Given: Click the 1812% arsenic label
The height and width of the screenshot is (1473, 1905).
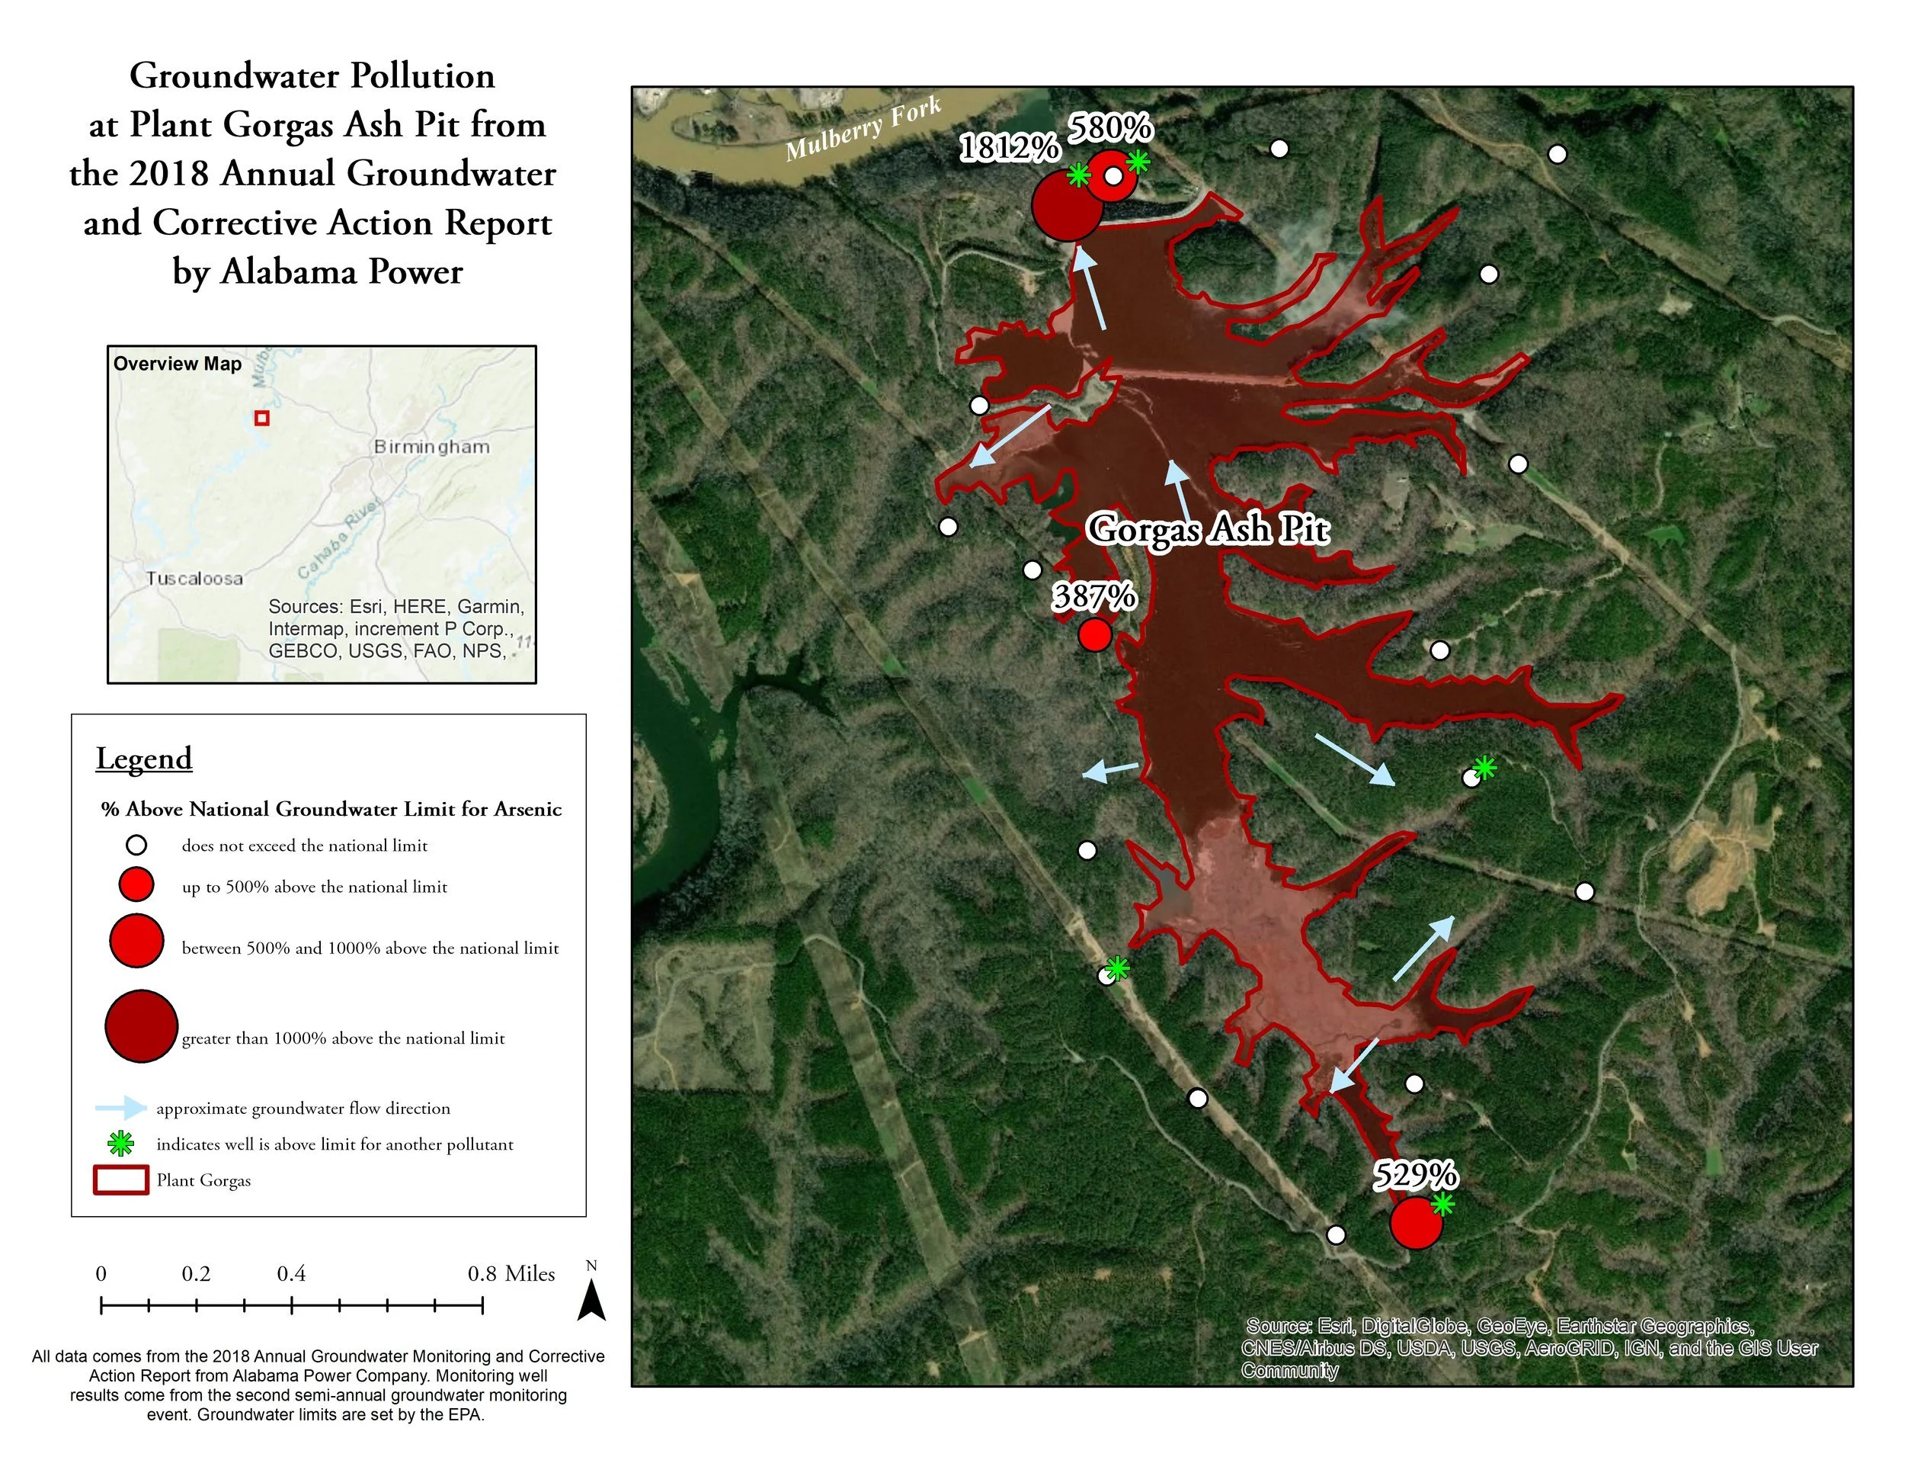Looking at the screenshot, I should coord(1009,147).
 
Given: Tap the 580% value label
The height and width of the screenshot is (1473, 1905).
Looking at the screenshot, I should coord(1110,129).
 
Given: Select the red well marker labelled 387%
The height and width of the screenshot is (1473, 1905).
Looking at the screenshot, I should coord(1095,634).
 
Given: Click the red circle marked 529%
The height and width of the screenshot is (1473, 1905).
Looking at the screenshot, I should coord(1415,1223).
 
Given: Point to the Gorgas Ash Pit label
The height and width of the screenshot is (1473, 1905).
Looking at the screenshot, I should coord(1208,529).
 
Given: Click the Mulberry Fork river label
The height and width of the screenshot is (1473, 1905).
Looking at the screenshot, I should coord(863,129).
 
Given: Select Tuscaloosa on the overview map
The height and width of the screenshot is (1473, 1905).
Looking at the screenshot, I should coord(194,578).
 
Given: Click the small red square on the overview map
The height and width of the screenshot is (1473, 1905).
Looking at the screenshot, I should coord(261,418).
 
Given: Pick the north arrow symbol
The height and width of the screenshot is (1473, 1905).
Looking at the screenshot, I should coord(591,1298).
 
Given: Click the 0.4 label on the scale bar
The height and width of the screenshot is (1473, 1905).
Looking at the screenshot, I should coord(291,1274).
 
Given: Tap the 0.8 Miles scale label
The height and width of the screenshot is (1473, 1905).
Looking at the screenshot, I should coord(511,1274).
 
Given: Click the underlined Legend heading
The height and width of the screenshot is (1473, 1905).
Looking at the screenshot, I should coord(144,759).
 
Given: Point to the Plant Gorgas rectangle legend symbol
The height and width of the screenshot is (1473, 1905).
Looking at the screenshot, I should coord(120,1179).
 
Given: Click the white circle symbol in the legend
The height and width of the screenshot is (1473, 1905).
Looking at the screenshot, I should coord(137,845).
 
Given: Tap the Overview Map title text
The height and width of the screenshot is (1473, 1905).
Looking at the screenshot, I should coord(177,364).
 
